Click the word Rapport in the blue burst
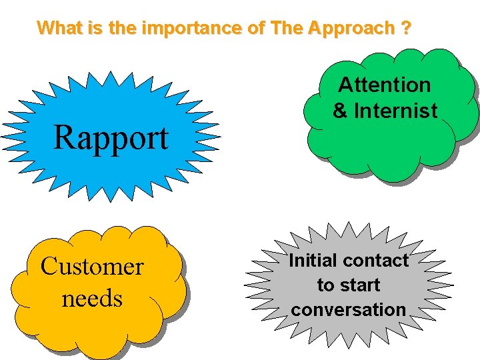[x=111, y=138]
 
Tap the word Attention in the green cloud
[x=385, y=85]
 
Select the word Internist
[x=395, y=111]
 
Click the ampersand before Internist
[x=340, y=111]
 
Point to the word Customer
[x=92, y=267]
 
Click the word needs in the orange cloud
[x=92, y=298]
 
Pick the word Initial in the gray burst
[x=312, y=260]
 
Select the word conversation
[x=348, y=309]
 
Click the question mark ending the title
[x=406, y=29]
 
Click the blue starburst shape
[x=111, y=100]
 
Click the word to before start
[x=325, y=285]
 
